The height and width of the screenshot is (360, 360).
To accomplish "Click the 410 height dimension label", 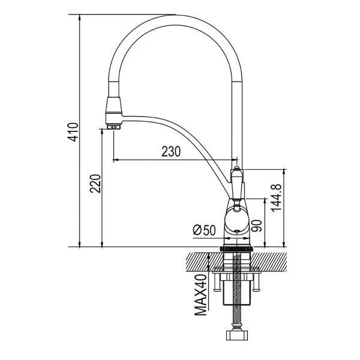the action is tap(73, 132).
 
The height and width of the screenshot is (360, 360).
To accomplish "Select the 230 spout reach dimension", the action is tap(171, 152).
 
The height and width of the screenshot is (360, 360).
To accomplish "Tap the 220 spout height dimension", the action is tap(95, 184).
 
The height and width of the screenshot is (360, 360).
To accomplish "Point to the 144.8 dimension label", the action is tap(276, 197).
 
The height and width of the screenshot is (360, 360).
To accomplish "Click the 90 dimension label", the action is tap(257, 226).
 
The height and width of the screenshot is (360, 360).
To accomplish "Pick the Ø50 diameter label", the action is tap(205, 230).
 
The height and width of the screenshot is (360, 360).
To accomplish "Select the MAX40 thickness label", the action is tap(201, 295).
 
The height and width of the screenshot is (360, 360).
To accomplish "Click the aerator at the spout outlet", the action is tap(113, 127).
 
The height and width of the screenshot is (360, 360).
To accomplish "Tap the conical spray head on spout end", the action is tap(113, 111).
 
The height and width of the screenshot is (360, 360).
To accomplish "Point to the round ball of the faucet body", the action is tap(237, 220).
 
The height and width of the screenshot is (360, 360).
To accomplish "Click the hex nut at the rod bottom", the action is tap(237, 335).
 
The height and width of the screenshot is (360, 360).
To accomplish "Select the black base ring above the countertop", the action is tap(237, 249).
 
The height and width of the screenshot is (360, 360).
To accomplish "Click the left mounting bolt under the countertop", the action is tap(217, 283).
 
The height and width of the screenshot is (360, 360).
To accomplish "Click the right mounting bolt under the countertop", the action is tap(256, 283).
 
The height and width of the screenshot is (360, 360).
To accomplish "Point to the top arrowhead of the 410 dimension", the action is tap(79, 17).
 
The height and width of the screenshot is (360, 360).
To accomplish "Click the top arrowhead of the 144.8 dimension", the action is tap(284, 172).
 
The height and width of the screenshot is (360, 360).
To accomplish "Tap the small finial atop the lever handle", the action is tap(237, 168).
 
